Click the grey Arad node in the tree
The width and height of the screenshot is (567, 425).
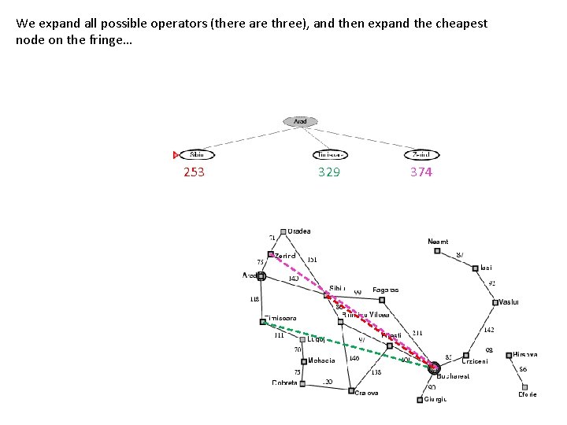tap(301, 121)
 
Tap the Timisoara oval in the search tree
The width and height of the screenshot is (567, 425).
tap(330, 155)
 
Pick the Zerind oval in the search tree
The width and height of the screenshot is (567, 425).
tap(422, 155)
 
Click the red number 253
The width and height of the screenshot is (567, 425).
tap(194, 172)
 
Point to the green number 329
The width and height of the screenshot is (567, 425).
tap(329, 172)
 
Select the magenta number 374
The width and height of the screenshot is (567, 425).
tap(421, 172)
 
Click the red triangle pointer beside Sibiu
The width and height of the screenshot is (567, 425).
tap(176, 155)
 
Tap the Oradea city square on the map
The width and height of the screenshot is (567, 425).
tap(283, 231)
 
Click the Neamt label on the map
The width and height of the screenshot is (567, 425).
tap(438, 242)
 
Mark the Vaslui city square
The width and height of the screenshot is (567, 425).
tap(495, 302)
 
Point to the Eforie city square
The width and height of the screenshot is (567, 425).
tap(525, 387)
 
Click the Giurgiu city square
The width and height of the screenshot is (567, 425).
tap(419, 400)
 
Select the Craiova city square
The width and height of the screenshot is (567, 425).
tap(351, 390)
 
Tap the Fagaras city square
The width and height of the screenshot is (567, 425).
tap(381, 299)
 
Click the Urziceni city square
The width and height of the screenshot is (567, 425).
tap(466, 355)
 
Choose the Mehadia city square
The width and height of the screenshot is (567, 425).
tap(304, 361)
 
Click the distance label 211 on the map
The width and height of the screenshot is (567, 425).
tap(417, 333)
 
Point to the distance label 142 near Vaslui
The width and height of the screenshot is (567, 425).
tap(489, 330)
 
